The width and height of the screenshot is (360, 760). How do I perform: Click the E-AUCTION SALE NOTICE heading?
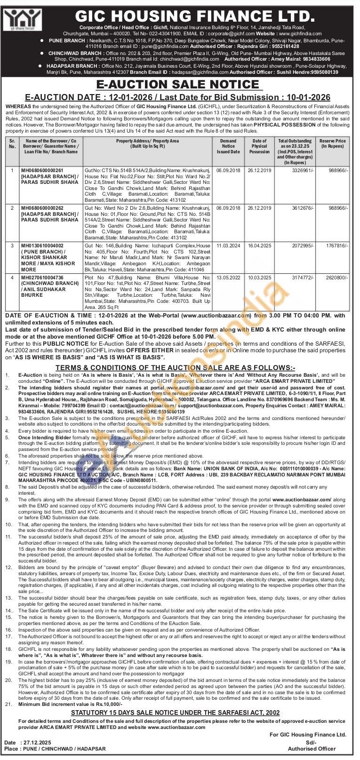tap(178, 85)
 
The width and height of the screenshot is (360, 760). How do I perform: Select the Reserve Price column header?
tap(333, 144)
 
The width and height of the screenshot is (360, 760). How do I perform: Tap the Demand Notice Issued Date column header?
tap(228, 146)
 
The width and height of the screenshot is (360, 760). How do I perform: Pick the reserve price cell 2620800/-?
tap(337, 278)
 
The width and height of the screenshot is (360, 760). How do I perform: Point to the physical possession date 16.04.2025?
tap(260, 245)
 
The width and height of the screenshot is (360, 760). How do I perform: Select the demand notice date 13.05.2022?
tap(228, 278)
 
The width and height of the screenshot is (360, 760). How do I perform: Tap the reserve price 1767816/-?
tap(337, 245)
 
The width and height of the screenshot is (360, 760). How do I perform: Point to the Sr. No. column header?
tap(12, 144)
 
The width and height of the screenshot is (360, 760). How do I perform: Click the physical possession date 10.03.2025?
tap(260, 278)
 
